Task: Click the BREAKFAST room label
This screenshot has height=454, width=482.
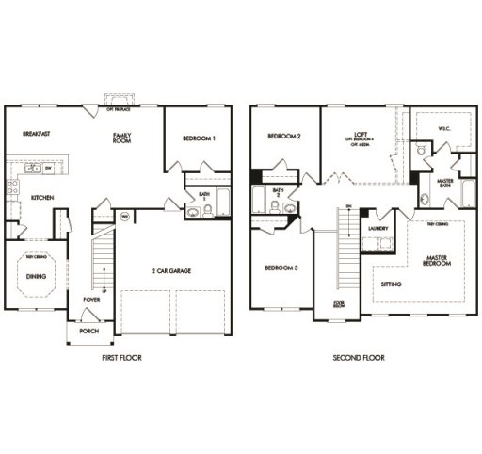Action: (x=37, y=135)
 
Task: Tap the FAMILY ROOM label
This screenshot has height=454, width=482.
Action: (x=121, y=138)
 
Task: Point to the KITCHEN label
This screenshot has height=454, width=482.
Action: (x=40, y=198)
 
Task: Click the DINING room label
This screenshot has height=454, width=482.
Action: (x=35, y=276)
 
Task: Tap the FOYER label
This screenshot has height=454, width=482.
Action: (x=90, y=300)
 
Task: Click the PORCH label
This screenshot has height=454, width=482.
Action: (x=88, y=331)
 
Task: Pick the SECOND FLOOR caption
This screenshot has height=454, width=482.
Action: (x=359, y=359)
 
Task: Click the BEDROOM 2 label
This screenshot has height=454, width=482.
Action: (x=284, y=137)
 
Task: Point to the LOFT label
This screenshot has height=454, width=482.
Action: (x=360, y=134)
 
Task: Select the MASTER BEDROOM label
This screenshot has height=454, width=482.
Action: (x=437, y=259)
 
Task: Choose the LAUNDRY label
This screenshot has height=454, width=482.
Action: (x=378, y=228)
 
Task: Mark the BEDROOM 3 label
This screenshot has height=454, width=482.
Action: (x=281, y=268)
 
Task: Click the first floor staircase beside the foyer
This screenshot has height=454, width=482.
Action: (x=101, y=264)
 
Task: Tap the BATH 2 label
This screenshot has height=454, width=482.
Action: (x=278, y=193)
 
